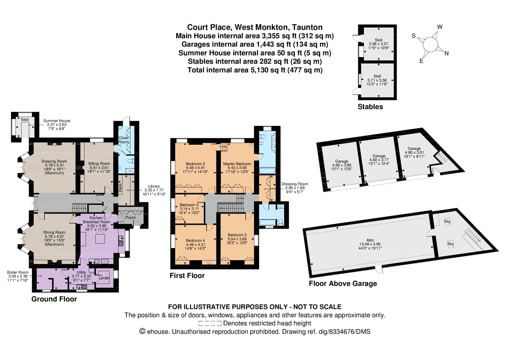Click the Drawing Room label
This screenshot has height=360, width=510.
(x=54, y=161)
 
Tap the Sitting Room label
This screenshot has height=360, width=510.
(x=99, y=163)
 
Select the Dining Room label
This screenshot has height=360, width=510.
(x=54, y=232)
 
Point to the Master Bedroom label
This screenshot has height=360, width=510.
(x=237, y=164)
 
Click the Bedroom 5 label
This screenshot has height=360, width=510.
(x=189, y=205)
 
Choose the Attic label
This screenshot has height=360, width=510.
(x=370, y=240)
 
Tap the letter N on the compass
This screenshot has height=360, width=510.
(x=447, y=53)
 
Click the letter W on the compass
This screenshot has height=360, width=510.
(x=440, y=27)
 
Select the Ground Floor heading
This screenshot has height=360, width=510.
(x=54, y=299)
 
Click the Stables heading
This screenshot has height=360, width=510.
(x=370, y=106)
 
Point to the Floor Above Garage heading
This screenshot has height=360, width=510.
(x=343, y=283)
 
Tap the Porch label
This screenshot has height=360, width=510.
(x=130, y=218)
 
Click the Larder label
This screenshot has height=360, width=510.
(x=104, y=278)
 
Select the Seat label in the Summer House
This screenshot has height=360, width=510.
(x=25, y=119)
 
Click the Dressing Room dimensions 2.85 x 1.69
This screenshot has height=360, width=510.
(x=295, y=188)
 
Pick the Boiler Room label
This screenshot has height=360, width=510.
(x=18, y=272)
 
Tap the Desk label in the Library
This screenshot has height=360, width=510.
(x=120, y=188)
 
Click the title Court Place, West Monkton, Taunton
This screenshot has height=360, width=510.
(x=255, y=27)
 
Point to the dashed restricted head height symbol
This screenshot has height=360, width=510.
(x=210, y=323)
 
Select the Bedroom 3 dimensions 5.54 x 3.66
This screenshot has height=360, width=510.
(x=237, y=239)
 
